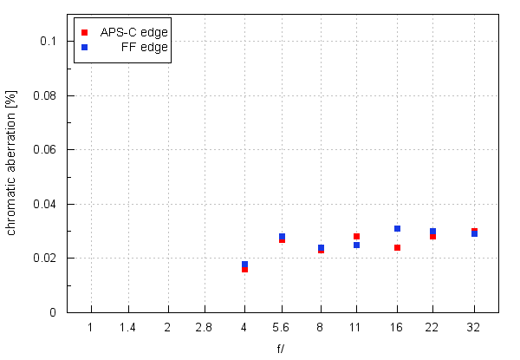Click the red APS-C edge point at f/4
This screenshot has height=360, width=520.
[x=244, y=269]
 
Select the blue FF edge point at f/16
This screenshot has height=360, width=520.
[x=397, y=228]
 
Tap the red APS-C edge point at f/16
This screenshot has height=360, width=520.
[x=397, y=247]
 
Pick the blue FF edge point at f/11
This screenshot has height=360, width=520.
[x=356, y=245]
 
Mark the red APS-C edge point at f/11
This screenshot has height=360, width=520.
[x=356, y=236]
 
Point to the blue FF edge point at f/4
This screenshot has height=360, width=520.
[x=244, y=264]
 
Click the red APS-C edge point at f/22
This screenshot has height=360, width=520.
[x=432, y=236]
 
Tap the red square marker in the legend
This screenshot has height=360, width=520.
[x=84, y=32]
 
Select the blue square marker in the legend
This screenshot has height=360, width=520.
[x=84, y=47]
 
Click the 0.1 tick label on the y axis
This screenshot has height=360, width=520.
[x=48, y=41]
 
